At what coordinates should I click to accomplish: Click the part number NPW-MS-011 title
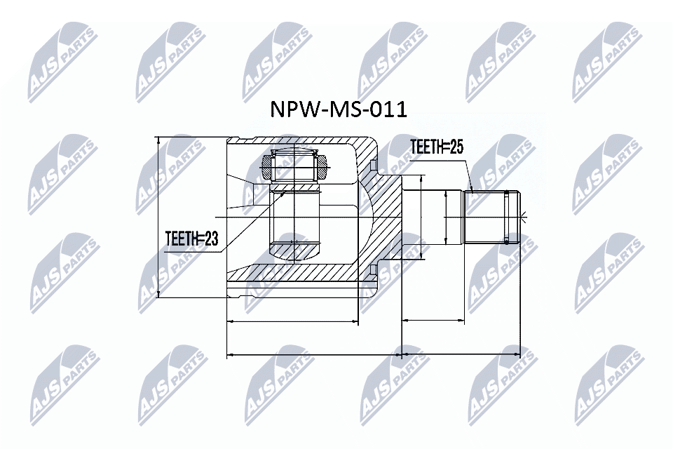click(339, 109)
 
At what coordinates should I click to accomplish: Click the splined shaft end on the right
click(491, 217)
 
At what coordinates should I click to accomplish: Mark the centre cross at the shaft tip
click(521, 217)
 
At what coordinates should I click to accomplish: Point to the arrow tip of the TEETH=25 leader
click(474, 190)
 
